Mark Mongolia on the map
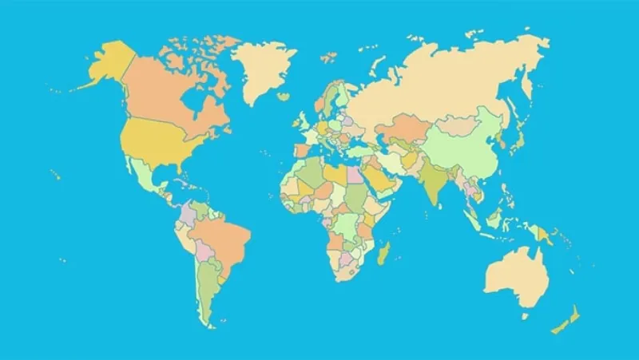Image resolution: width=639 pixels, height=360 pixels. pos(459,124)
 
